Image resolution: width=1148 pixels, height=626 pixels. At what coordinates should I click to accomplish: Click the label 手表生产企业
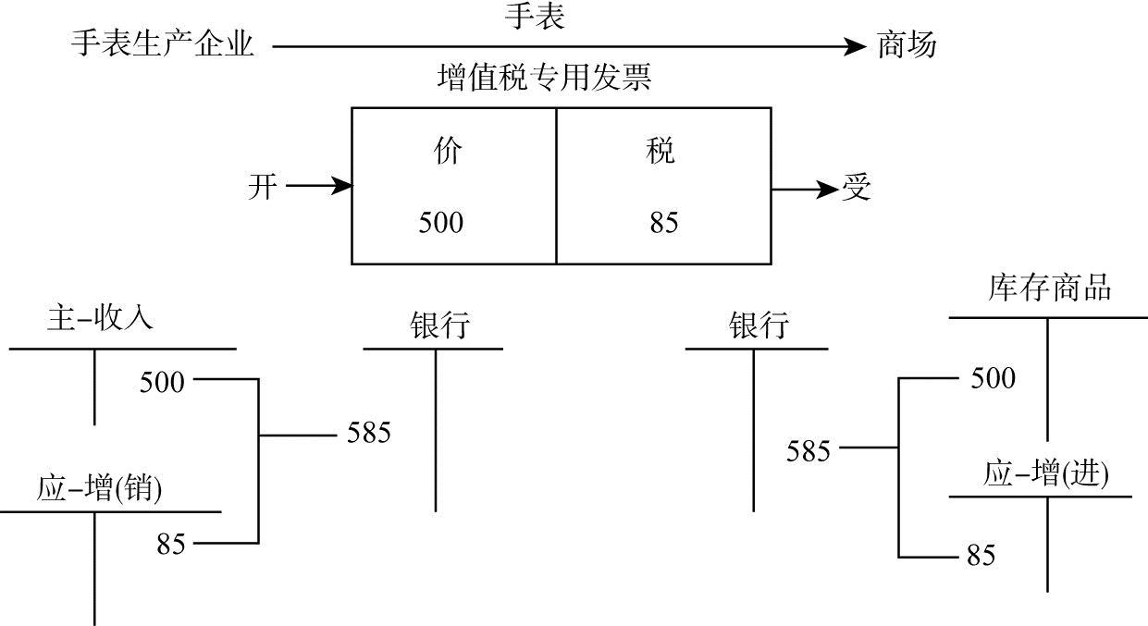coord(162,43)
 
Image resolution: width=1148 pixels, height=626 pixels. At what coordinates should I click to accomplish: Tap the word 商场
coord(907,43)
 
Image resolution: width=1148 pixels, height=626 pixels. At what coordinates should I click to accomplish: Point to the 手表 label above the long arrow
coord(535,17)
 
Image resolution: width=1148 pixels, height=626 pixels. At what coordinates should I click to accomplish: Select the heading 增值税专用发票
coord(545,79)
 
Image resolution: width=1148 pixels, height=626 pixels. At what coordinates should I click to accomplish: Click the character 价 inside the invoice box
coord(447,152)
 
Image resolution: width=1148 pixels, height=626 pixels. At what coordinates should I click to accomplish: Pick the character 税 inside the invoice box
coord(660,152)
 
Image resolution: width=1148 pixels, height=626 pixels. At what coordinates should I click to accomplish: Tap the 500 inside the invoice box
coord(441,223)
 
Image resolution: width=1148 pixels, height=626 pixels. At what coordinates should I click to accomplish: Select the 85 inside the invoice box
coord(663,223)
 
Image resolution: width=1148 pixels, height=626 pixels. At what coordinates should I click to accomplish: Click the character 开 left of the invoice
coord(263,188)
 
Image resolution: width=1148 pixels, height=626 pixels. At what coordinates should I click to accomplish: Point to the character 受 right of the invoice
coord(856,189)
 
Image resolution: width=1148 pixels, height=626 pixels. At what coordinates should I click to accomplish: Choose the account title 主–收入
coord(100,319)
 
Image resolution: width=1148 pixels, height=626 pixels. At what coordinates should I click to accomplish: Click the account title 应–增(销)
coord(100,488)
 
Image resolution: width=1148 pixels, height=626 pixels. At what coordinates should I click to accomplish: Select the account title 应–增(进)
coord(1045,474)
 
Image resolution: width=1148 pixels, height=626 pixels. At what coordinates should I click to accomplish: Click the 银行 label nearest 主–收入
coord(439,325)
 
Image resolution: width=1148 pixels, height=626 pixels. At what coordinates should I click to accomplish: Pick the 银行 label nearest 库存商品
coord(759,325)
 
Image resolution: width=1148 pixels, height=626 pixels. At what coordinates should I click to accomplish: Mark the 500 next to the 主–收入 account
coord(162,381)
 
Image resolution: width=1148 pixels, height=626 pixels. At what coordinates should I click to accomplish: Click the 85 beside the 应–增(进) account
coord(981,556)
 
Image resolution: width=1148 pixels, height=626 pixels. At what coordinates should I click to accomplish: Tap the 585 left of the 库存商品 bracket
coord(808,451)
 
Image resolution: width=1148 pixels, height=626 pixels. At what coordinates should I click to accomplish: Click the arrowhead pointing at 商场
coord(856,44)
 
